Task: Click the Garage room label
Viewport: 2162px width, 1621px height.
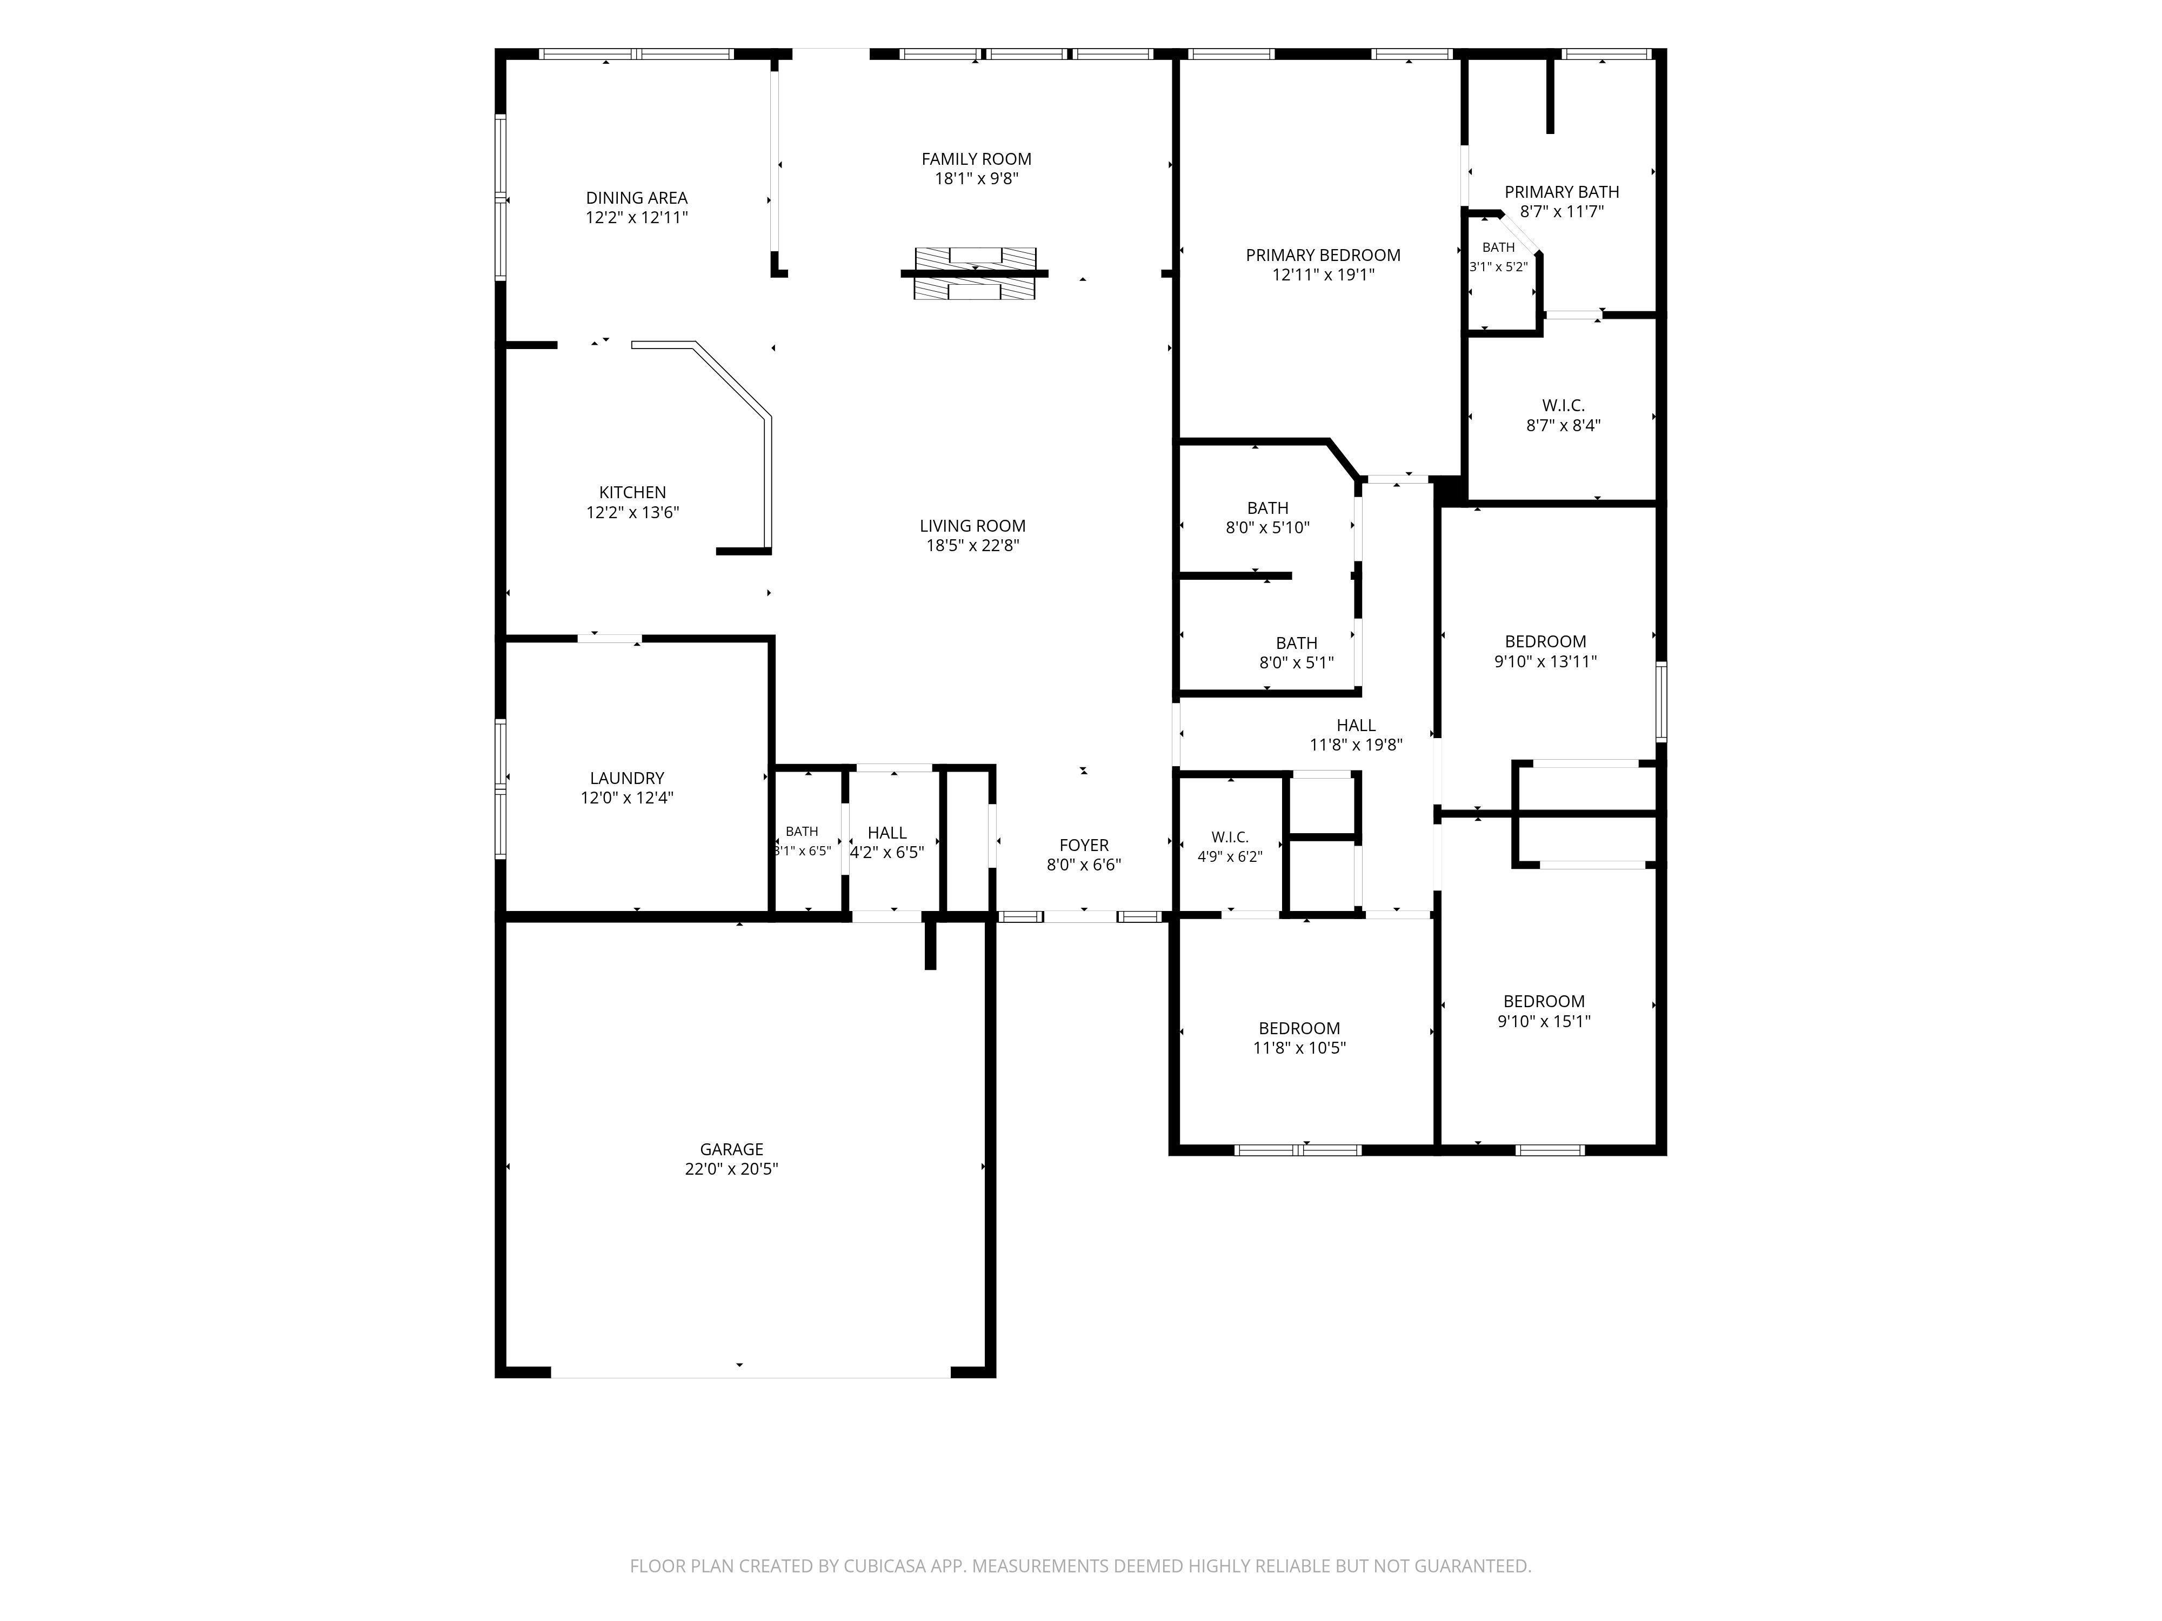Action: click(x=731, y=1149)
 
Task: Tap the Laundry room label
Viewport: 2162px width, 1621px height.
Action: click(x=626, y=778)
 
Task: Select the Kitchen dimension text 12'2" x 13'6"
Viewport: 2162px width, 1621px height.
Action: click(x=632, y=512)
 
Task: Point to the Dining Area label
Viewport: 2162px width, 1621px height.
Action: click(x=636, y=197)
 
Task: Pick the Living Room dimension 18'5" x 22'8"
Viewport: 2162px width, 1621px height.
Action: click(x=972, y=545)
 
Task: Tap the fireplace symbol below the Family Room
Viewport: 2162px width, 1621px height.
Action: click(x=975, y=273)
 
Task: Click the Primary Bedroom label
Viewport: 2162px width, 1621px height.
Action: click(x=1323, y=255)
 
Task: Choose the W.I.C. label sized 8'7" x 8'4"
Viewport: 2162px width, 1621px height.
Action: click(x=1564, y=405)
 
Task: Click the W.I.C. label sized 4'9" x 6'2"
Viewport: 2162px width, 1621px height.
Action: click(x=1230, y=838)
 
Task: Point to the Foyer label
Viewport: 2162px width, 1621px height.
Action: click(x=1084, y=845)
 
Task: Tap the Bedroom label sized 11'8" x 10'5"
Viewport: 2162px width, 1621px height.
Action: click(x=1299, y=1028)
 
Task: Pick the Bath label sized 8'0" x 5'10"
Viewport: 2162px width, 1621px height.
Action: click(x=1267, y=508)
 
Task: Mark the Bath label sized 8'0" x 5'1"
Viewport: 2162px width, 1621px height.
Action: click(x=1296, y=643)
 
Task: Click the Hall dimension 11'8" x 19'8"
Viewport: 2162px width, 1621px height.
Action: click(x=1356, y=745)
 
